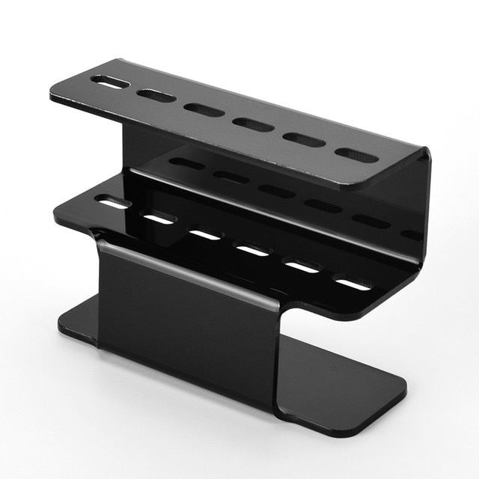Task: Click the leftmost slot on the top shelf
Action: tap(110, 82)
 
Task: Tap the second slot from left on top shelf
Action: tap(156, 96)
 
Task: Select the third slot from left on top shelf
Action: tap(204, 110)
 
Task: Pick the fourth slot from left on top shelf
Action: tap(253, 124)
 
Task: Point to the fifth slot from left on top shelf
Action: tap(304, 140)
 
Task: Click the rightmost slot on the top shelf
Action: tap(356, 155)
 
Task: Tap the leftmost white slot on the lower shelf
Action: tap(112, 203)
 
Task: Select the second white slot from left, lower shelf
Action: tap(159, 219)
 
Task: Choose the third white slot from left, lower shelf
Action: tap(204, 235)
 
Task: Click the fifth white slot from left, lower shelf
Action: tap(302, 267)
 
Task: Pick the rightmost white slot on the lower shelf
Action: tap(352, 284)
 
